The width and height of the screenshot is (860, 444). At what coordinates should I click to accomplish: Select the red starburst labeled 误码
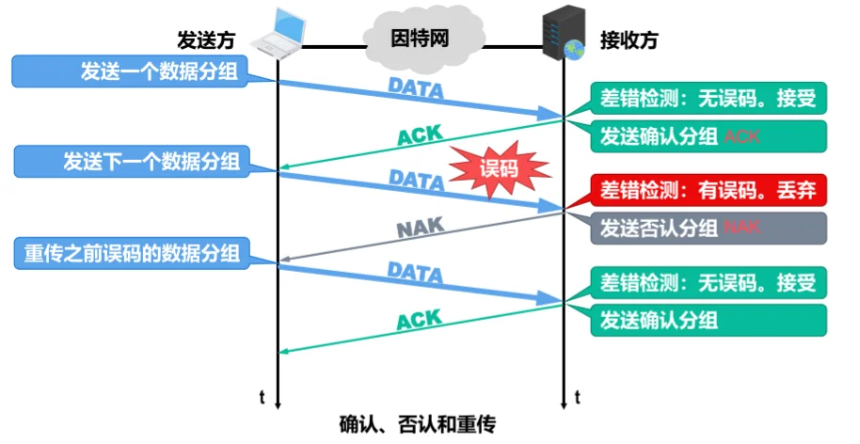[499, 169]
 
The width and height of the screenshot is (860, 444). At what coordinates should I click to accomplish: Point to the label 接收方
[629, 40]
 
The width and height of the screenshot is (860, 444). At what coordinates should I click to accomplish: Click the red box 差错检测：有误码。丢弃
[709, 191]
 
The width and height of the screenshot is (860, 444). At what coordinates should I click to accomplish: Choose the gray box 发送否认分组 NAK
[709, 228]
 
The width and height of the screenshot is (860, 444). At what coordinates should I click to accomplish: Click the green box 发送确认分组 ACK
[709, 136]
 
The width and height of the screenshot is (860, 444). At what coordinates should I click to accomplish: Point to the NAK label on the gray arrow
[419, 227]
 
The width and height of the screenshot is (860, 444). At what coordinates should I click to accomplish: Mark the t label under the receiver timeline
[577, 396]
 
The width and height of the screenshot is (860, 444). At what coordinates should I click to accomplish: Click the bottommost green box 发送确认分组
[709, 320]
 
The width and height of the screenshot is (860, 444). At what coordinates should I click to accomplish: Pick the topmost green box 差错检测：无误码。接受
[709, 98]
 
